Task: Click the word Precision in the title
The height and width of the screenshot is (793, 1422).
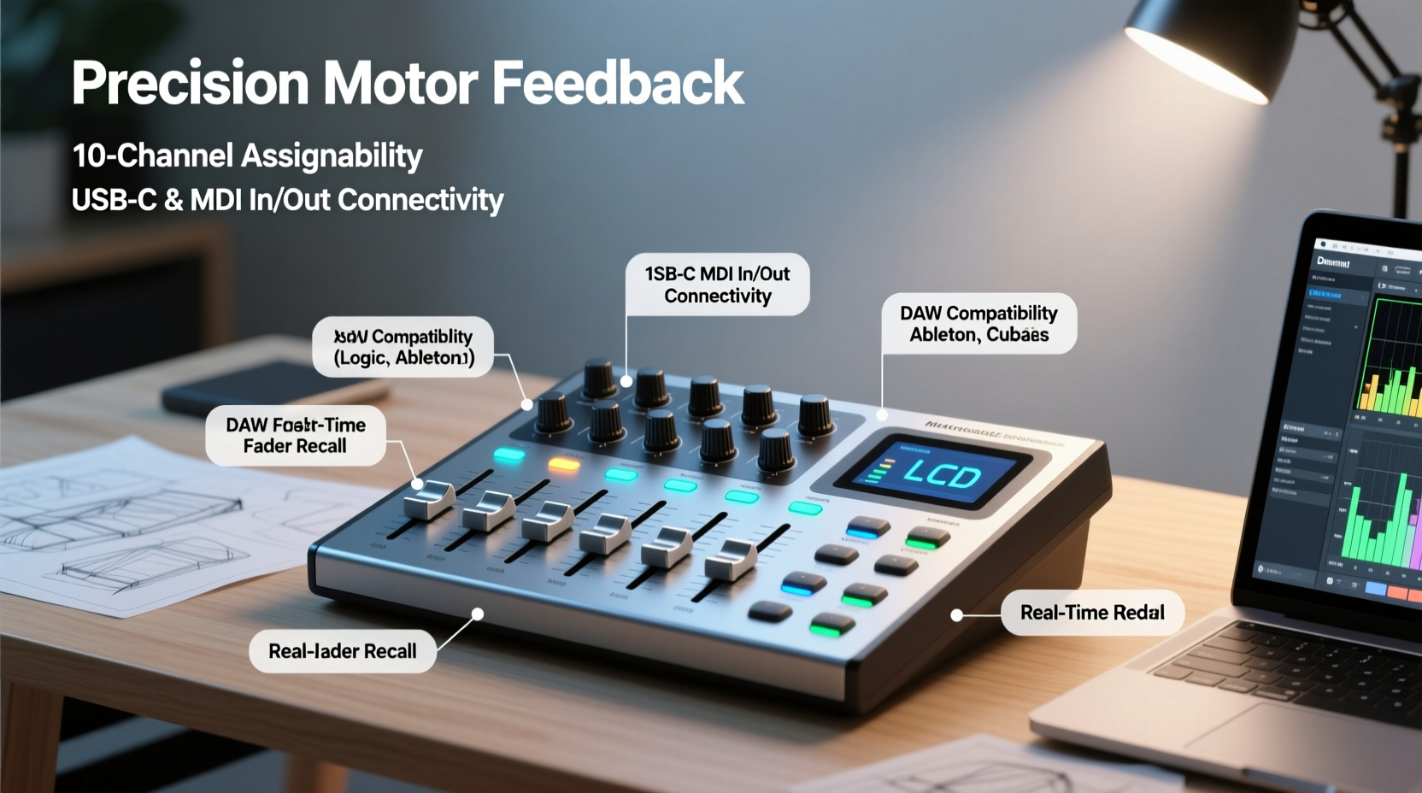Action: (x=190, y=83)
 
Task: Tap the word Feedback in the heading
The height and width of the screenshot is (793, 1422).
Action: (x=617, y=83)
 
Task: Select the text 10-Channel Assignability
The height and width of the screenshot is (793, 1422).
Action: (x=247, y=156)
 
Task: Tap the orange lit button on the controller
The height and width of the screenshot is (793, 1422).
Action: (x=563, y=465)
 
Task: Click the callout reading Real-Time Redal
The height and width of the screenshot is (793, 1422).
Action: (x=1092, y=613)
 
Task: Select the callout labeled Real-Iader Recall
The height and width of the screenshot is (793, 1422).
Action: (x=343, y=651)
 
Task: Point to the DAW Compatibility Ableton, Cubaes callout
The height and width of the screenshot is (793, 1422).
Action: (x=978, y=324)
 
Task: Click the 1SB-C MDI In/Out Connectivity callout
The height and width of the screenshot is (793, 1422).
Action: (x=717, y=285)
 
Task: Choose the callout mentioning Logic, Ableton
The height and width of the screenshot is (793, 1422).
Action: (x=403, y=347)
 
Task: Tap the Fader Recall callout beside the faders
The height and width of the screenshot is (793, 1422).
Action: (x=295, y=435)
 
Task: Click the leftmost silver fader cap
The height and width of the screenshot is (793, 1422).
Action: (x=429, y=500)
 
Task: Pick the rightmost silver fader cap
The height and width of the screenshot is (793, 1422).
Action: (x=731, y=559)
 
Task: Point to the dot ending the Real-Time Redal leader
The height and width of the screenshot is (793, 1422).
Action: (x=957, y=615)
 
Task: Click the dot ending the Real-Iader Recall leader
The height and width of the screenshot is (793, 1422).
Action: (x=478, y=614)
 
